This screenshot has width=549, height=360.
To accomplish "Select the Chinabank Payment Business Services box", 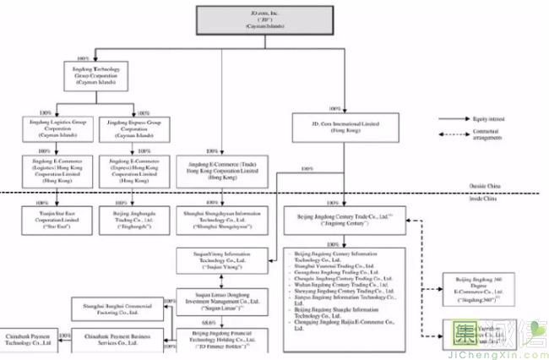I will point(130,342).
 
